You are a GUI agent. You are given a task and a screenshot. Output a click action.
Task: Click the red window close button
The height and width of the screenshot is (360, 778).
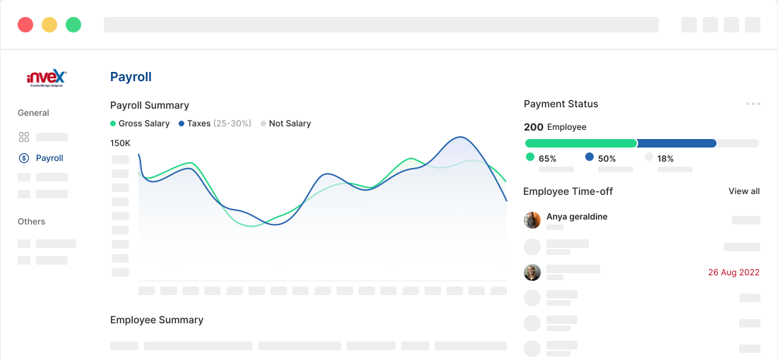click(25, 25)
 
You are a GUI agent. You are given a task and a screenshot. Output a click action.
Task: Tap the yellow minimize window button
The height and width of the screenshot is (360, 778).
click(49, 25)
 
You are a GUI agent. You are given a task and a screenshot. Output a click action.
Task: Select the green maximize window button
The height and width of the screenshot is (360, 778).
click(73, 25)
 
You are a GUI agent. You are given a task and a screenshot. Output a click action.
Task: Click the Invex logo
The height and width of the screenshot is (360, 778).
click(46, 78)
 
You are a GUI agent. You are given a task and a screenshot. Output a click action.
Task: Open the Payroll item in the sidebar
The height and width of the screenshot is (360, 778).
click(49, 158)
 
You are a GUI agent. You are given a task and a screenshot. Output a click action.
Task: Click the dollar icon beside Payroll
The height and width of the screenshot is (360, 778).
click(24, 158)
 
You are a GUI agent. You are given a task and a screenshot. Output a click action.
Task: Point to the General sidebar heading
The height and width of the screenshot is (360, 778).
click(33, 113)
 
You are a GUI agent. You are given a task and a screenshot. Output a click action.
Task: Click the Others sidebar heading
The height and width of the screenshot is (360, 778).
click(31, 222)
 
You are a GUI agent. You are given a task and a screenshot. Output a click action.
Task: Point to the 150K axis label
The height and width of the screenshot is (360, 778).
click(120, 143)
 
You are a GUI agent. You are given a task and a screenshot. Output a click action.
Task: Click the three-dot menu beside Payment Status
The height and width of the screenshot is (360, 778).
click(753, 104)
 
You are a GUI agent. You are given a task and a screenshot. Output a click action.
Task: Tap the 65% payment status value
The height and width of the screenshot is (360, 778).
click(547, 159)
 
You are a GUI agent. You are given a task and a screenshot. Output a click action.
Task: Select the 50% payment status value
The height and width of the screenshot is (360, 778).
click(606, 159)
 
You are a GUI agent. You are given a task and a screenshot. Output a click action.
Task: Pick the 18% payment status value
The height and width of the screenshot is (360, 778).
click(665, 159)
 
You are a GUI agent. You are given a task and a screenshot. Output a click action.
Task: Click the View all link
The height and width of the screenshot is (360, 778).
click(744, 191)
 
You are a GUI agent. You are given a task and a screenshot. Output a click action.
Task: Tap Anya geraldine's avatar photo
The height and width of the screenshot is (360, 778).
click(532, 220)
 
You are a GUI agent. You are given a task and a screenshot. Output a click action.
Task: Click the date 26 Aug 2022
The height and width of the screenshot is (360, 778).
click(734, 272)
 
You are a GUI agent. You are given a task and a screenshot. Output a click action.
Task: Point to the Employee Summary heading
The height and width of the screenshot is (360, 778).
click(157, 320)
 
